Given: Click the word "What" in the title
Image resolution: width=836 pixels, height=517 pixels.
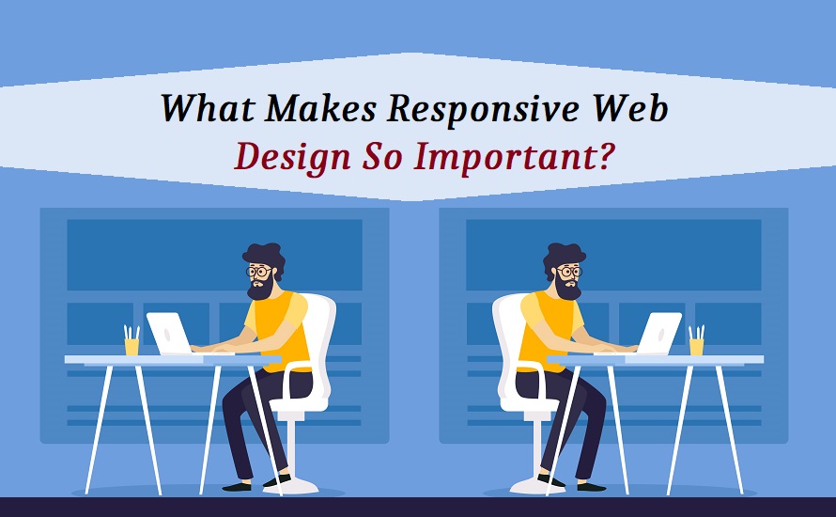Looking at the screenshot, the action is (x=207, y=108).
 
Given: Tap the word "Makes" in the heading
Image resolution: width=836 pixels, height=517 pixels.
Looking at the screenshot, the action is (x=321, y=108).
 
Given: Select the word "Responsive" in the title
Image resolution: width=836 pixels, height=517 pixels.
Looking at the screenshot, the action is (x=483, y=110).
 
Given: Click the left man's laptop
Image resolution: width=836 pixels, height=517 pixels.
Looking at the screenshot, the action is (x=169, y=334).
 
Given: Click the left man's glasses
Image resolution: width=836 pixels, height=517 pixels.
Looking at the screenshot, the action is (x=258, y=272).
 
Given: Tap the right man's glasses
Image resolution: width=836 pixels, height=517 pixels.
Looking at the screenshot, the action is (x=569, y=272).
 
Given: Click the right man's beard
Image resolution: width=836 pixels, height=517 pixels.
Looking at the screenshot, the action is (x=566, y=289).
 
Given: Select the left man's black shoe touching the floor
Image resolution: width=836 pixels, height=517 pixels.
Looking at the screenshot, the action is (x=237, y=487).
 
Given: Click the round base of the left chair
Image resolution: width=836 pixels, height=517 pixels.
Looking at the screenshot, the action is (x=290, y=486).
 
